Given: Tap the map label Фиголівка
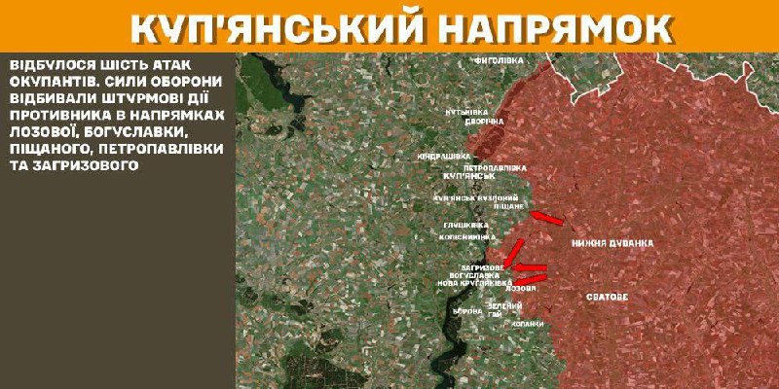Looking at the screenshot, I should [499, 60].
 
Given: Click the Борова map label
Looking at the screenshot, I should [466, 311].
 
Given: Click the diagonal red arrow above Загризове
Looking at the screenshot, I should [514, 251].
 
